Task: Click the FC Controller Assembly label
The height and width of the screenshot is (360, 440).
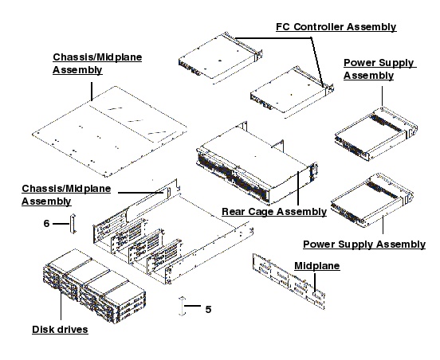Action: click(x=336, y=27)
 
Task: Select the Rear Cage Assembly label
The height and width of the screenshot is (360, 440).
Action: click(x=273, y=212)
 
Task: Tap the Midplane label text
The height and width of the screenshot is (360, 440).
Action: click(x=317, y=264)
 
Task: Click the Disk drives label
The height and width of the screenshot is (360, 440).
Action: click(x=60, y=330)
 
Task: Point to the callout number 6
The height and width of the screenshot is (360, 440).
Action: click(x=47, y=225)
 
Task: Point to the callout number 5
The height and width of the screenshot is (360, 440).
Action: click(x=208, y=309)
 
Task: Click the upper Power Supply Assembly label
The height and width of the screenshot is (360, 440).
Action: click(x=379, y=69)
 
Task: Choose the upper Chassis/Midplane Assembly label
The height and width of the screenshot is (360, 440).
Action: click(x=77, y=64)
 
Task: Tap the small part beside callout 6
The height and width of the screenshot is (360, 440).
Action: click(x=73, y=224)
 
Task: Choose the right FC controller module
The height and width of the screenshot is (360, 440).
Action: click(x=288, y=84)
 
